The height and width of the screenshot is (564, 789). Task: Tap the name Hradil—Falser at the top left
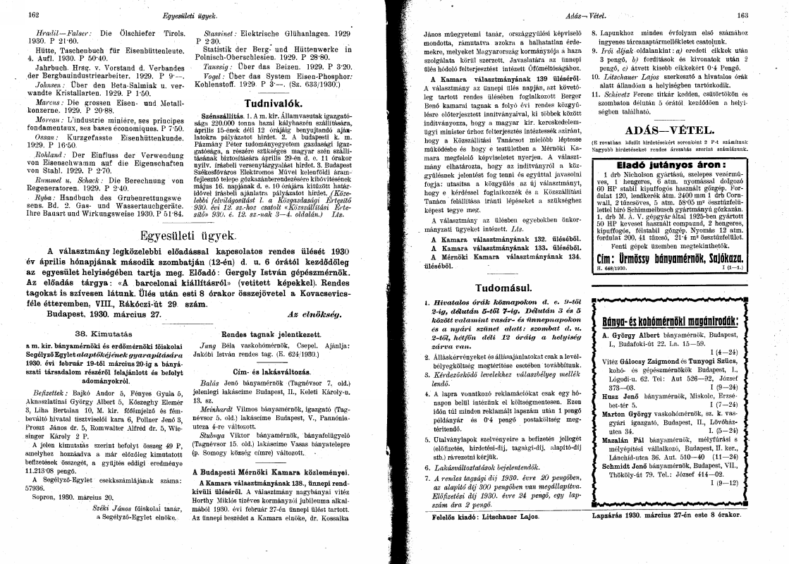[57, 34]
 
